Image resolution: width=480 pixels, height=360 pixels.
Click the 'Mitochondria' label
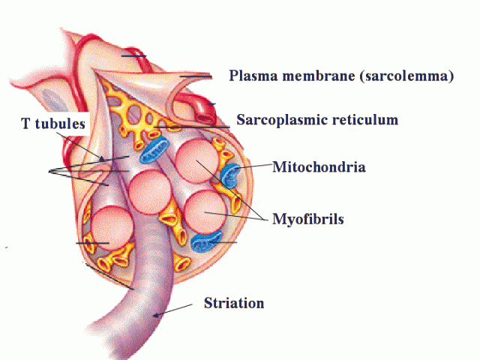tap(319, 167)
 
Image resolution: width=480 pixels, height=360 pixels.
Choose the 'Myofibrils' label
tap(308, 220)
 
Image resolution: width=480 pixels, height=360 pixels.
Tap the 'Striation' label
tap(234, 303)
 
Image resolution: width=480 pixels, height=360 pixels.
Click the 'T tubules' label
tap(53, 123)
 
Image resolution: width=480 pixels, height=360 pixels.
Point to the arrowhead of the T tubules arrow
tap(101, 158)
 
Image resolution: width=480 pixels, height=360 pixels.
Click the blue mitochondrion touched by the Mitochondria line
tap(230, 175)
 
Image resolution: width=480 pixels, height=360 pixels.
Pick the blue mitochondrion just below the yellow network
tap(154, 150)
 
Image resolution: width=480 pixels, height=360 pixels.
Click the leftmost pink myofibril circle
tap(112, 229)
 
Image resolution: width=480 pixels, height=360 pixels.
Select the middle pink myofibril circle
tap(150, 192)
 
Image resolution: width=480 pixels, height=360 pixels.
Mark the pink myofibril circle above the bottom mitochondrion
tap(205, 212)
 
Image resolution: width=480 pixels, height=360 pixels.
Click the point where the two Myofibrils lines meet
tap(265, 220)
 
